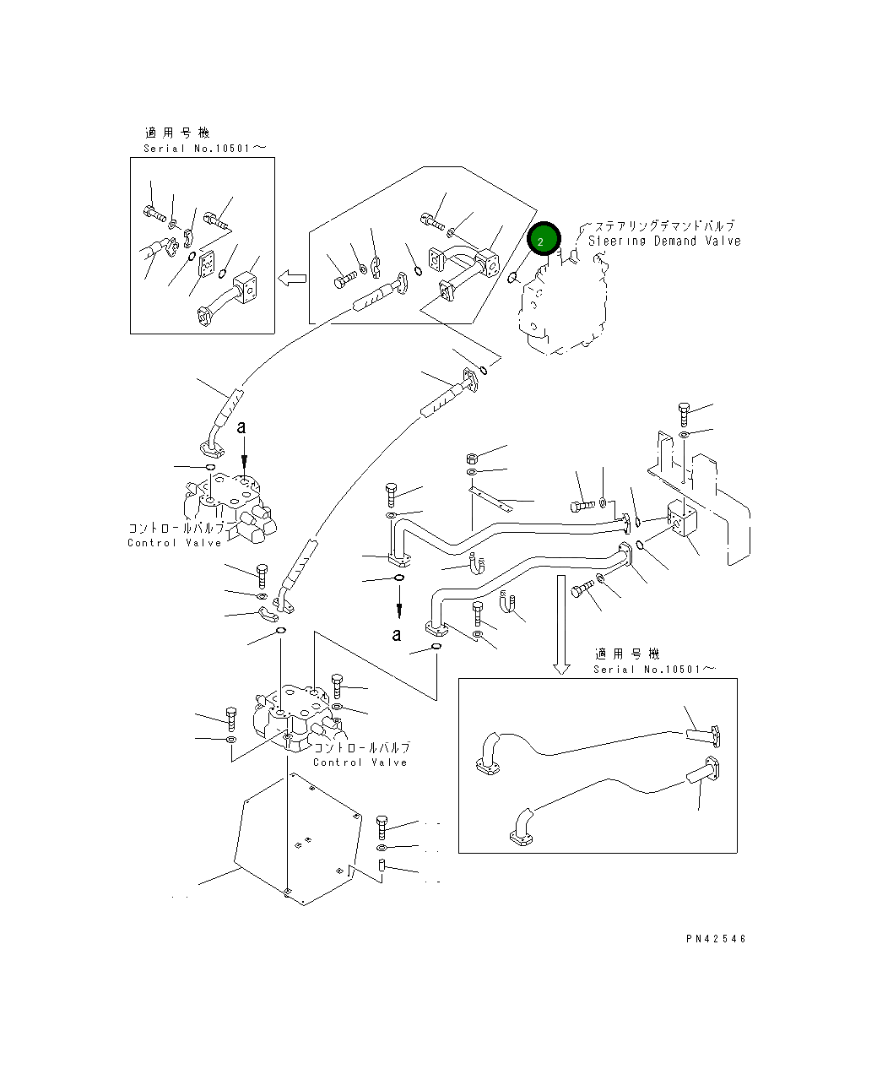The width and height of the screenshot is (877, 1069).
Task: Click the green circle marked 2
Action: [543, 240]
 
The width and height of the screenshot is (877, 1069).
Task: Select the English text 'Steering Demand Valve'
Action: [664, 241]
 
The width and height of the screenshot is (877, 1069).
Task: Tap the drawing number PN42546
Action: [716, 938]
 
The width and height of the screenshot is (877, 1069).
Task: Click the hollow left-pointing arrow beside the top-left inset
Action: [292, 278]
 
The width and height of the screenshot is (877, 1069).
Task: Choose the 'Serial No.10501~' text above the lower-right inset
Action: [653, 670]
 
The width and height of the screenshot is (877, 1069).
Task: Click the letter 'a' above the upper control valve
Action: [241, 427]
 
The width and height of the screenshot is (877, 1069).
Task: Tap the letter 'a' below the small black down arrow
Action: [397, 634]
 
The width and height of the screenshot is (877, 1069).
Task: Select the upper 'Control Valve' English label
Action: [175, 543]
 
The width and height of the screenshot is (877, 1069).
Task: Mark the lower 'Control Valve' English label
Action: [360, 762]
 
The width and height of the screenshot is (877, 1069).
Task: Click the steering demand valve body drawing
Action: [561, 308]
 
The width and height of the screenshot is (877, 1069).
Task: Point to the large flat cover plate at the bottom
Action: [295, 836]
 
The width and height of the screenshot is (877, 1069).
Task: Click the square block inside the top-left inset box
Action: [245, 285]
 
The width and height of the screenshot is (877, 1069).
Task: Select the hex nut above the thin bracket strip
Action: [472, 459]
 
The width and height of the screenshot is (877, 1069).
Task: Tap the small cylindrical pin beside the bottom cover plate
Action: [381, 866]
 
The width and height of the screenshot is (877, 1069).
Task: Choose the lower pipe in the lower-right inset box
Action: [608, 802]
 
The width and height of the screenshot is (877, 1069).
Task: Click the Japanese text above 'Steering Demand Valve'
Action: [664, 226]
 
